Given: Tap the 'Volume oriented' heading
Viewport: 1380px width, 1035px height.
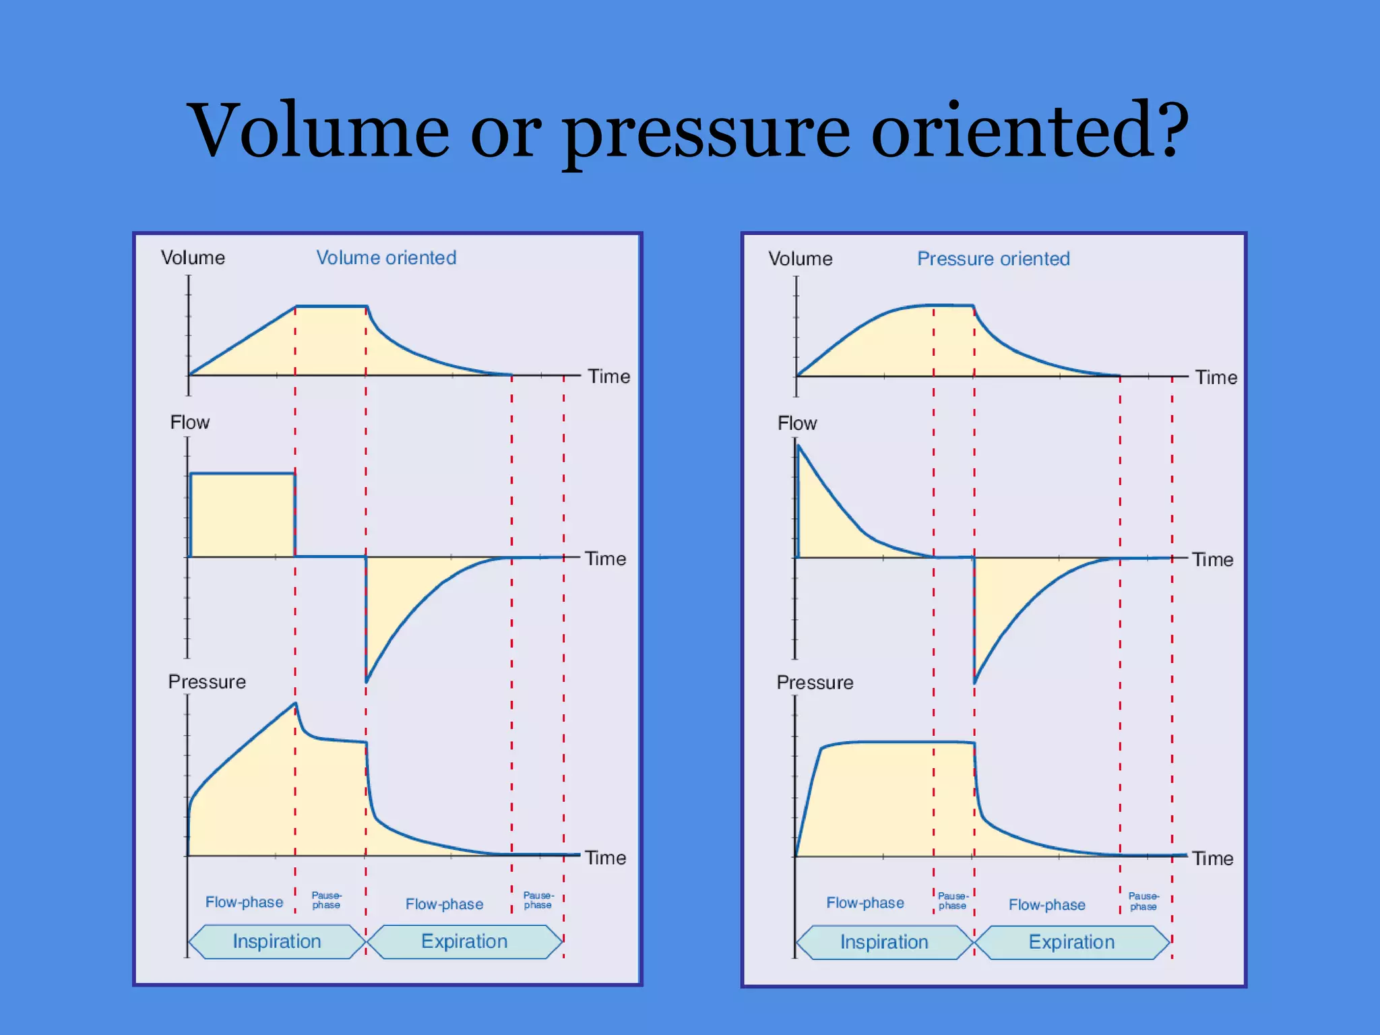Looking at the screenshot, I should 386,257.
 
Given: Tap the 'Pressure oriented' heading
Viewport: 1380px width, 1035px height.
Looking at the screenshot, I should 993,259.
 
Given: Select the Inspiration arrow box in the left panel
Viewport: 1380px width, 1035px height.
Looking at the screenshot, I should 277,941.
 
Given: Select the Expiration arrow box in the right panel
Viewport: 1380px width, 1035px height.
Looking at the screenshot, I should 1071,942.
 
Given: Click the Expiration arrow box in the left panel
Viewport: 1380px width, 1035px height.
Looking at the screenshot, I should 464,941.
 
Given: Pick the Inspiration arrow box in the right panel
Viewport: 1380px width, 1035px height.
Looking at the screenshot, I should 884,942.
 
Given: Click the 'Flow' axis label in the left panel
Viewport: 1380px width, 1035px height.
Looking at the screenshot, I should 189,422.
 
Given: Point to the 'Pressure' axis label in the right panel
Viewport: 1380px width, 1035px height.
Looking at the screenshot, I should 815,683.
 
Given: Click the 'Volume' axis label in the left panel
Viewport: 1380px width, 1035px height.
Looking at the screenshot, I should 193,257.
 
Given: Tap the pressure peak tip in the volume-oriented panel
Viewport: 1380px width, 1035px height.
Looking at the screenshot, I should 295,704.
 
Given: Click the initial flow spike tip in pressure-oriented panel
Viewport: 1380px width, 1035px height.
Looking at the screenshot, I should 799,445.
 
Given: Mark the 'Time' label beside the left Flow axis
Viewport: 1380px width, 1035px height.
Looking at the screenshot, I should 605,559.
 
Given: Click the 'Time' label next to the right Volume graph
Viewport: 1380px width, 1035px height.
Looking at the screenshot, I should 1216,377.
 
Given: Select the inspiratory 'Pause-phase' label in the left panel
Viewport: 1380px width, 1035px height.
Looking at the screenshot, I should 326,900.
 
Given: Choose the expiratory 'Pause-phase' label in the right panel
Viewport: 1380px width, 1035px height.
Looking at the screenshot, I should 1143,902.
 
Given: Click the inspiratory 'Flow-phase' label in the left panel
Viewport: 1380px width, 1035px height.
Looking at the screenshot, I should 244,902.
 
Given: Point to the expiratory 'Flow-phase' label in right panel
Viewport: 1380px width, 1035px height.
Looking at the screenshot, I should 1046,905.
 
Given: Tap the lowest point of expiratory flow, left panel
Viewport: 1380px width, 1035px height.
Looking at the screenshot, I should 367,681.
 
